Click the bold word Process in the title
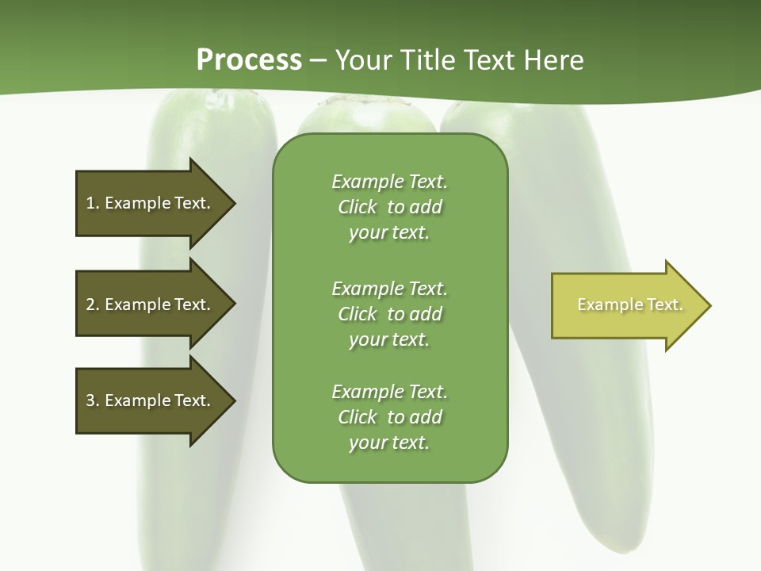[x=249, y=60]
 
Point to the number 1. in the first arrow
[x=93, y=203]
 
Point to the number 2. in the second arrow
[x=93, y=305]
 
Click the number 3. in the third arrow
[x=93, y=400]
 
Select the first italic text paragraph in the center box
[x=389, y=207]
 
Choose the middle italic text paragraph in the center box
[x=389, y=314]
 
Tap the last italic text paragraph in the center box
[x=389, y=417]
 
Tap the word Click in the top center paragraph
[x=357, y=207]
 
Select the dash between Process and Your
[x=318, y=60]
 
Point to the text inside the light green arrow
[x=629, y=305]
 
